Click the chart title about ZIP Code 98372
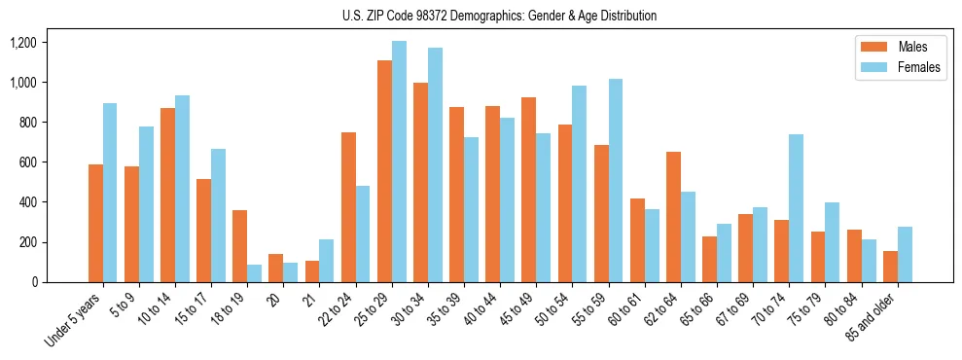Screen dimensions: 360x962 499,16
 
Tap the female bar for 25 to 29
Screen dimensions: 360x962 399,162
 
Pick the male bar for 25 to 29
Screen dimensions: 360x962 384,171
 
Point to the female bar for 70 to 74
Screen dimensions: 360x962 796,208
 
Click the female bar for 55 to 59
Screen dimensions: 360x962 616,181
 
